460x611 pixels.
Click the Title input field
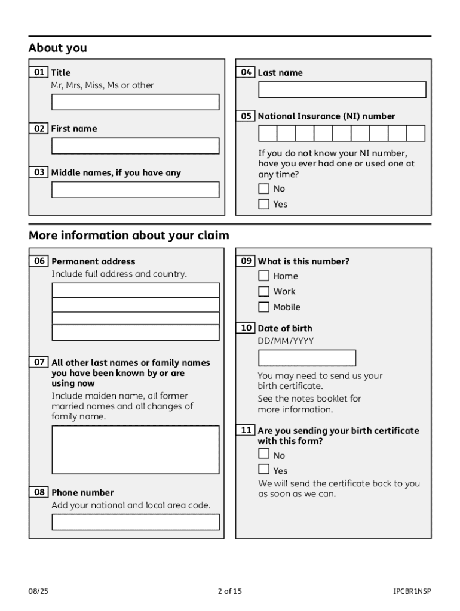point(135,102)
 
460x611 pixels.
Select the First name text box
point(135,146)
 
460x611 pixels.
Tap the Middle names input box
point(135,190)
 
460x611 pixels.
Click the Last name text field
point(342,90)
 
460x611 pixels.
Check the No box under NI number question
point(264,189)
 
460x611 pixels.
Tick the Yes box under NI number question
point(264,204)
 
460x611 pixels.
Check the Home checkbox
point(264,276)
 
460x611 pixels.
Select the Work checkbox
point(264,291)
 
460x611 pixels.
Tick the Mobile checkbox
point(264,307)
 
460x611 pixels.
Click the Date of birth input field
point(306,358)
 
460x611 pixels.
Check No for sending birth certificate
point(264,455)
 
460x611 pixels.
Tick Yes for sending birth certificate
point(264,470)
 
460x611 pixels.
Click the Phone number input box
point(135,522)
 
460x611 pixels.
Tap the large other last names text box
point(135,449)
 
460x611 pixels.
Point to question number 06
point(39,261)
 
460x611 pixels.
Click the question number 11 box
point(246,430)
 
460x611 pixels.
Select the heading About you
point(58,48)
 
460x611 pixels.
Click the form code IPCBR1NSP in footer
point(412,591)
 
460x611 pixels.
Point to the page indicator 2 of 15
point(230,591)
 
